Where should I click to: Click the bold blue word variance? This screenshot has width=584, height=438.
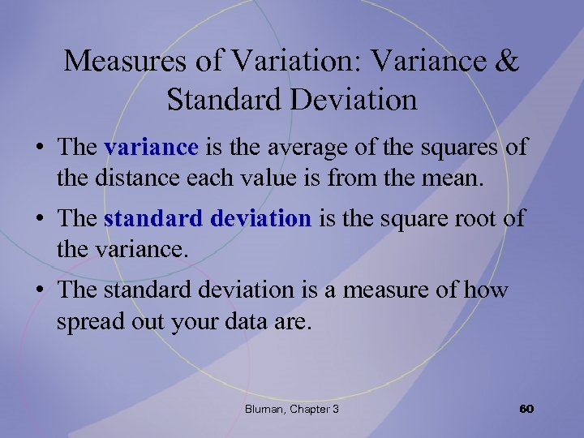click(x=152, y=148)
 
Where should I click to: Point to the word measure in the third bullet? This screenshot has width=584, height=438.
click(x=386, y=290)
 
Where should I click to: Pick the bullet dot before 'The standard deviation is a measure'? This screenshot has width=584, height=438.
click(x=38, y=290)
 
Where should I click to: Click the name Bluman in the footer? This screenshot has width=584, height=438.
click(x=263, y=409)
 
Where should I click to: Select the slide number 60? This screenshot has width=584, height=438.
click(x=526, y=408)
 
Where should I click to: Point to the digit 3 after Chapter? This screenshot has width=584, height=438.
click(x=335, y=409)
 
